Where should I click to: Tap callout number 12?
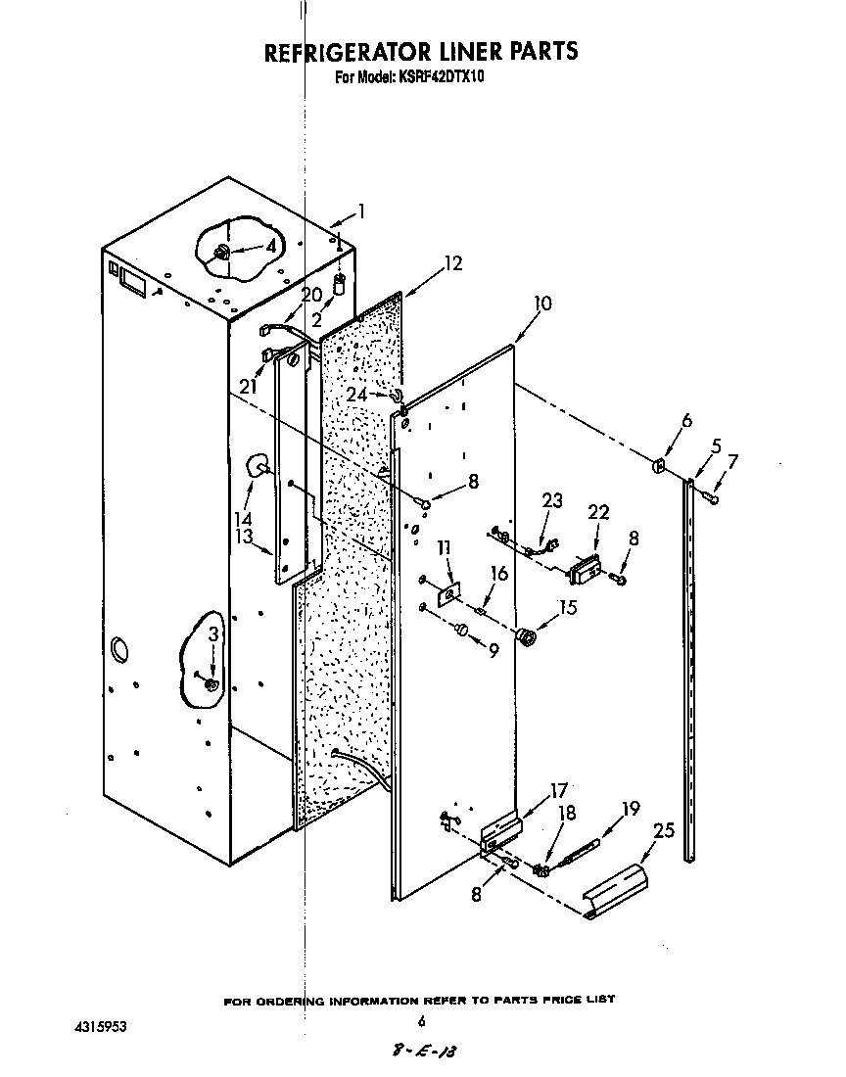[451, 262]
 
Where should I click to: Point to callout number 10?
[541, 304]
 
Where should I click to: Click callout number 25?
[663, 830]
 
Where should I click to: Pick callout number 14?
[242, 518]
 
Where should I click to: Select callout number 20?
[311, 295]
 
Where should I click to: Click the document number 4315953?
[100, 1027]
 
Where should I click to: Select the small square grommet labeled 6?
[659, 463]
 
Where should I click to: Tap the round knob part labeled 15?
[526, 638]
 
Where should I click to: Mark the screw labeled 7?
[712, 499]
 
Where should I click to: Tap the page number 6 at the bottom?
[422, 1021]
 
